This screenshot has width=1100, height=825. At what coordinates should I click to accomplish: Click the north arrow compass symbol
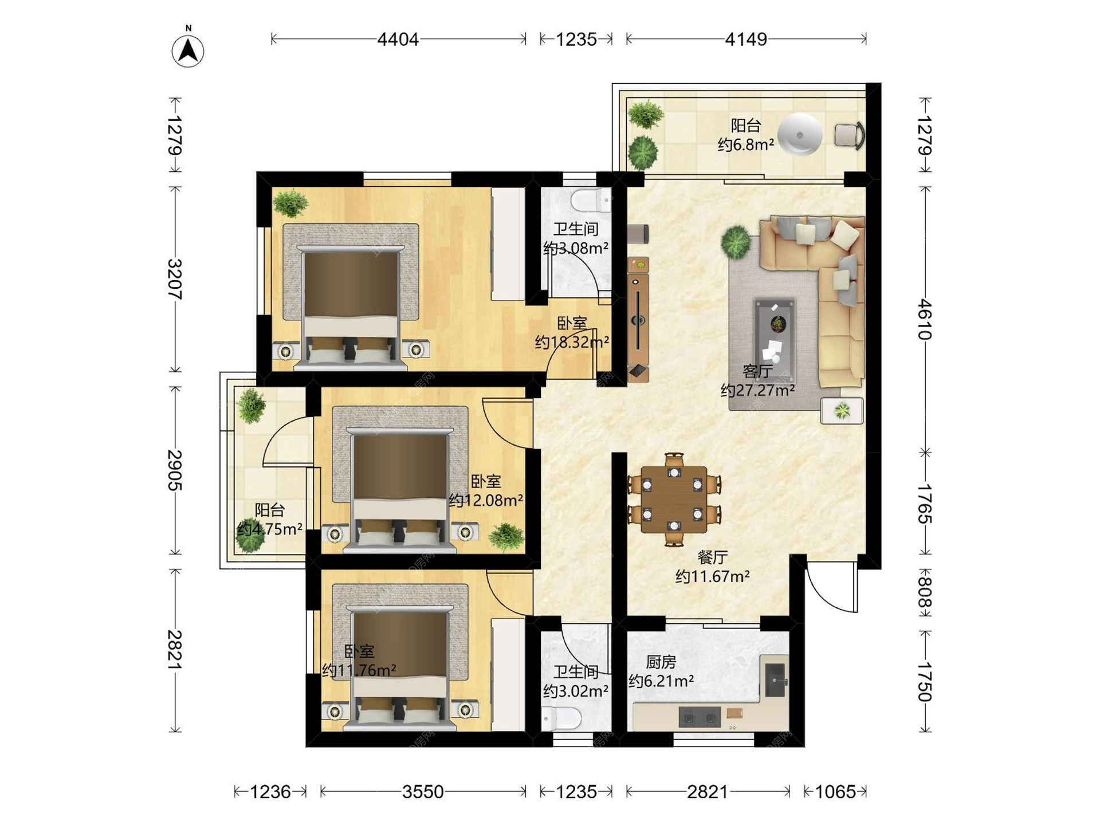(188, 50)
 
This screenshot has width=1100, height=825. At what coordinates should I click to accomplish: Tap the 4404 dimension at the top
(398, 39)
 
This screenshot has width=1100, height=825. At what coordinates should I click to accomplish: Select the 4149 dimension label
(746, 39)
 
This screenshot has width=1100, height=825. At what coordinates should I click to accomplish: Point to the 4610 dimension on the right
(925, 319)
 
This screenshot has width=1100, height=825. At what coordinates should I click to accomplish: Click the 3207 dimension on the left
(175, 279)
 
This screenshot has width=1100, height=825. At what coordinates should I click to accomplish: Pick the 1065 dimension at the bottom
(835, 792)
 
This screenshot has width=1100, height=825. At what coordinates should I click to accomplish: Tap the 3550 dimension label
(423, 792)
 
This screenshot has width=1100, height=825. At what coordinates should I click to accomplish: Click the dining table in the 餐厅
(674, 499)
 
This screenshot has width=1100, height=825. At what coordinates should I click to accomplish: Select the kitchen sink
(776, 681)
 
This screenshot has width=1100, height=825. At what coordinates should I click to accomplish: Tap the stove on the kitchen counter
(700, 717)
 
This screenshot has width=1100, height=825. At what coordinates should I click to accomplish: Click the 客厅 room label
(757, 371)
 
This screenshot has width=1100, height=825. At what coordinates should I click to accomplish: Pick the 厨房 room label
(661, 662)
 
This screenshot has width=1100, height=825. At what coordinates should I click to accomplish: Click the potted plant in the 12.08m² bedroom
(506, 537)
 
